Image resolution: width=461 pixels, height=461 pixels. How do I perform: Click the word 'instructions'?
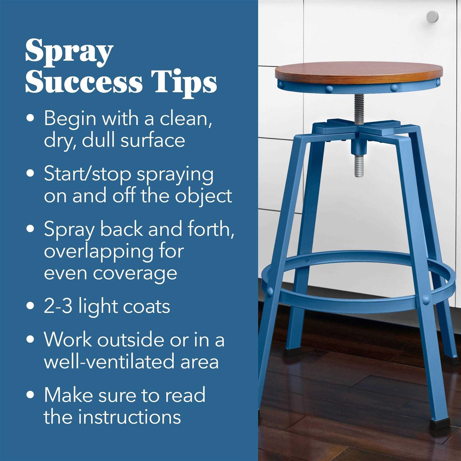coord(129,417)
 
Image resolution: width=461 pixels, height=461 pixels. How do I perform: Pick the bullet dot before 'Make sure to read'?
coord(30,395)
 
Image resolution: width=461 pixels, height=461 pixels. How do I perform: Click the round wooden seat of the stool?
coord(359,70)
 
